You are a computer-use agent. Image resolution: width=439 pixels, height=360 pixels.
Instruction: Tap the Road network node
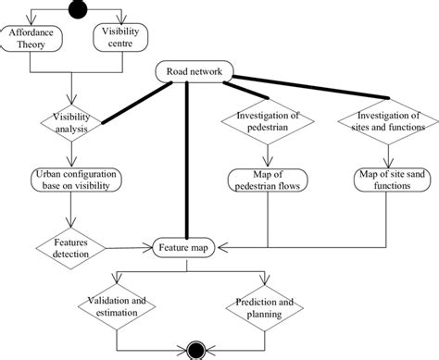(x=193, y=73)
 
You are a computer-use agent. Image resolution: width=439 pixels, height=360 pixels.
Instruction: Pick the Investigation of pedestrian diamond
(x=266, y=122)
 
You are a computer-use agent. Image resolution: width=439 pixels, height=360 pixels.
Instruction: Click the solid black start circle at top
(x=76, y=8)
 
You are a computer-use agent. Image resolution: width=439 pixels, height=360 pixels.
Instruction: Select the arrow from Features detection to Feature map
(x=130, y=248)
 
